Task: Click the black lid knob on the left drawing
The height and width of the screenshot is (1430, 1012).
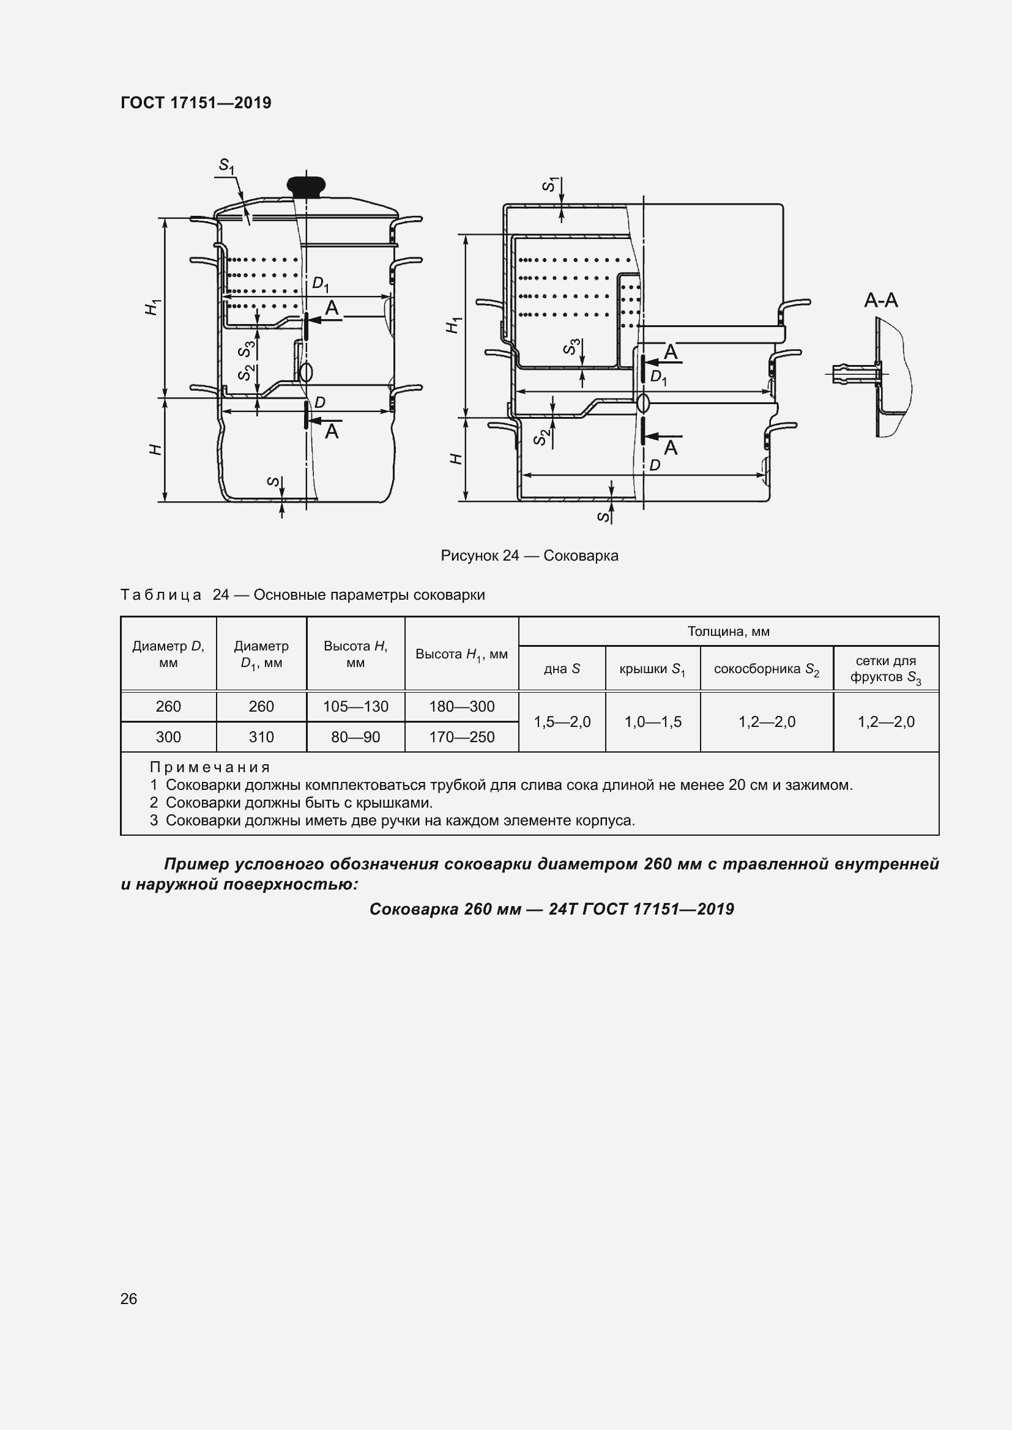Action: pyautogui.click(x=306, y=186)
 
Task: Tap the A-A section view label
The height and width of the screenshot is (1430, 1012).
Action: pyautogui.click(x=880, y=301)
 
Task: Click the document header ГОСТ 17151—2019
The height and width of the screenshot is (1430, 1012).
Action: pyautogui.click(x=196, y=103)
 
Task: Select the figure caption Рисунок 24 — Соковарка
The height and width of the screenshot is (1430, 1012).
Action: pyautogui.click(x=529, y=556)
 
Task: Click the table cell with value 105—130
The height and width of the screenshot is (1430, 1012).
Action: pyautogui.click(x=355, y=706)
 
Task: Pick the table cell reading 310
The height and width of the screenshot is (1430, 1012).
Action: pyautogui.click(x=261, y=737)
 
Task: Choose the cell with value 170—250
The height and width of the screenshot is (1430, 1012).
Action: pyautogui.click(x=461, y=737)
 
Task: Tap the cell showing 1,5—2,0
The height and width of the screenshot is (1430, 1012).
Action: pyautogui.click(x=562, y=722)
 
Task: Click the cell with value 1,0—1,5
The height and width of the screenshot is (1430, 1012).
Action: pyautogui.click(x=652, y=722)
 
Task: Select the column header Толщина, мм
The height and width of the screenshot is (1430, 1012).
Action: pyautogui.click(x=729, y=632)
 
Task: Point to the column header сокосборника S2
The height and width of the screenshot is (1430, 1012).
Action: pyautogui.click(x=767, y=669)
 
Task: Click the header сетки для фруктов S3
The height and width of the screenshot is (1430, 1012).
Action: pyautogui.click(x=885, y=669)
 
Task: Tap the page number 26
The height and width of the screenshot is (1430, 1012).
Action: pyautogui.click(x=129, y=1299)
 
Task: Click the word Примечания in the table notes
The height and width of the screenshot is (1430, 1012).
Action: pyautogui.click(x=210, y=767)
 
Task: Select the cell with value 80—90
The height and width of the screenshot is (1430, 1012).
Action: pyautogui.click(x=355, y=737)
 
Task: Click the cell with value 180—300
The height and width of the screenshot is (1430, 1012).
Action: pyautogui.click(x=461, y=706)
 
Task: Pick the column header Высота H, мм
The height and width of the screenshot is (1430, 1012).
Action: pyautogui.click(x=355, y=654)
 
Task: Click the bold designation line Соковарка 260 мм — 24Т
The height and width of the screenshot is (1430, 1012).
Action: pyautogui.click(x=551, y=909)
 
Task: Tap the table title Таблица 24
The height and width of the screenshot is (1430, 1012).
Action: pyautogui.click(x=175, y=595)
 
